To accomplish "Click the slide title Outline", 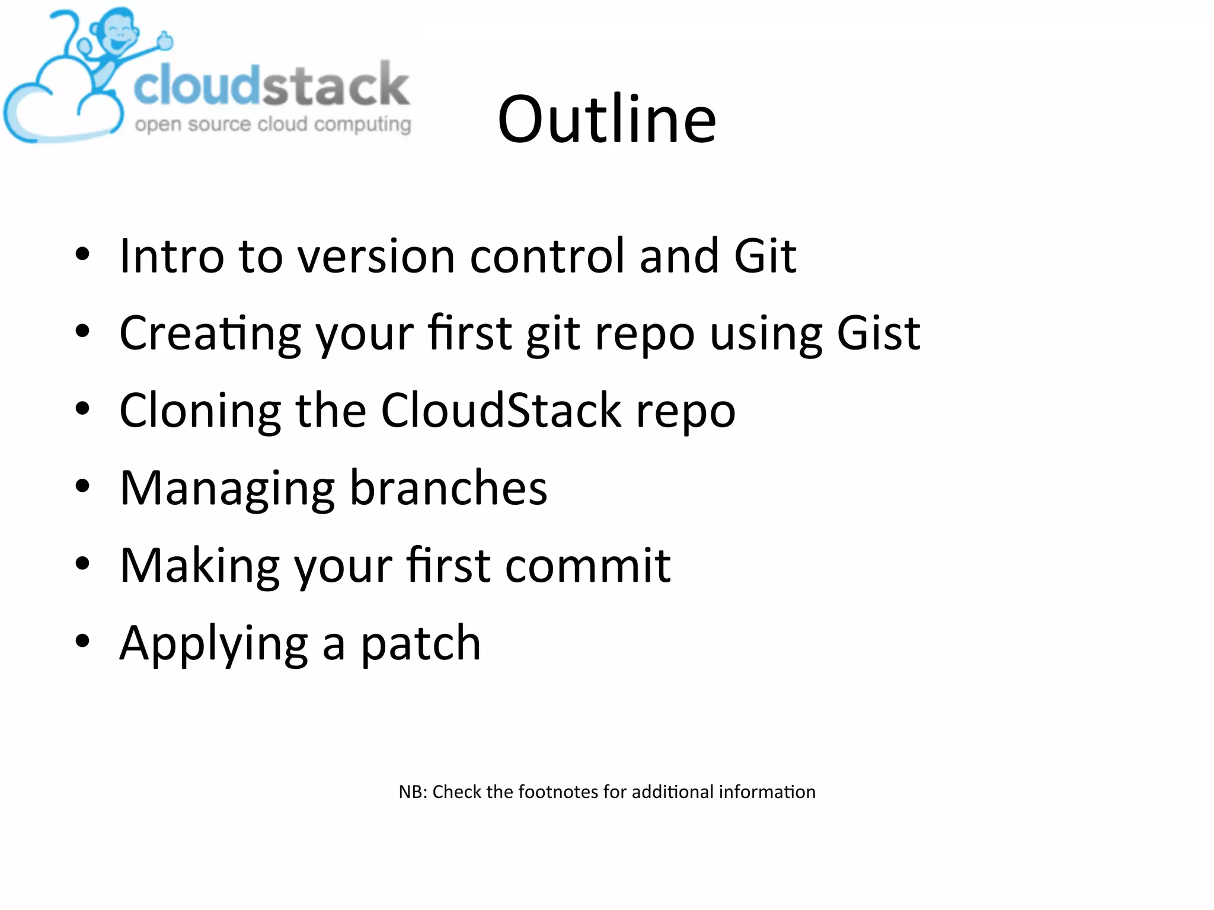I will [607, 120].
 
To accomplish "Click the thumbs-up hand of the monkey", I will [165, 40].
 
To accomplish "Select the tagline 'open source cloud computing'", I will [273, 124].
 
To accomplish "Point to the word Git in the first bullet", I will [765, 256].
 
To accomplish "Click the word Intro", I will [172, 256].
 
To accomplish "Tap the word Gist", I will [878, 333].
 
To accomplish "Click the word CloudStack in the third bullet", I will [501, 411].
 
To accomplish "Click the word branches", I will [448, 488].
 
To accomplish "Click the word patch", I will [421, 644].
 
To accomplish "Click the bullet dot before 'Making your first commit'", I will [82, 563].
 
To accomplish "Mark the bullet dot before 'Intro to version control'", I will [82, 254].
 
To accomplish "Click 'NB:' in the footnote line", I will [413, 792].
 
